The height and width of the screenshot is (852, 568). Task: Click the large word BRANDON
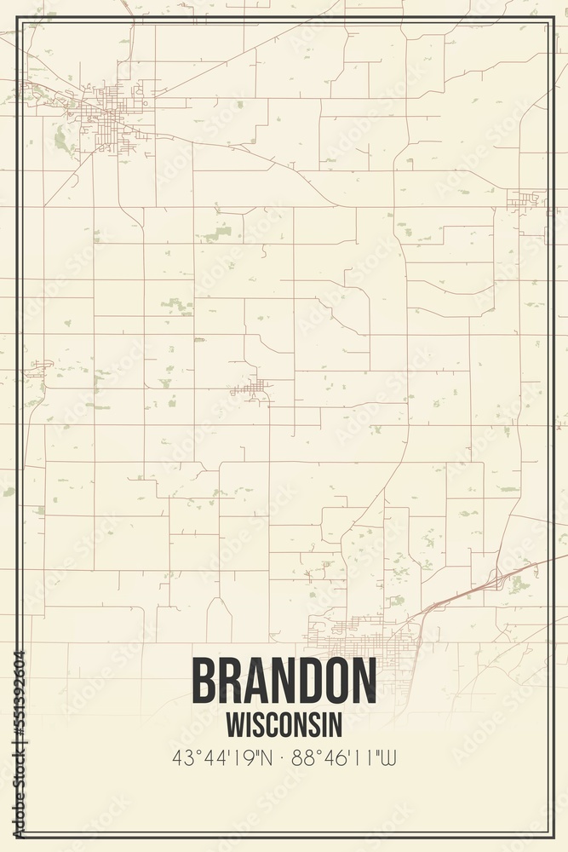coord(284,682)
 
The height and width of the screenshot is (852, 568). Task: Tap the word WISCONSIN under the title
coord(284,724)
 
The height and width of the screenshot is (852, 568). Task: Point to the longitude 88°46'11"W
coord(345,757)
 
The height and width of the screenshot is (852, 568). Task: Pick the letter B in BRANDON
coord(205,682)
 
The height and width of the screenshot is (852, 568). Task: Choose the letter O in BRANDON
coord(329,682)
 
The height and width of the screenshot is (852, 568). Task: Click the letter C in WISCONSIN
coord(270,724)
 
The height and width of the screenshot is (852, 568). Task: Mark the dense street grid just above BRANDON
coord(366,637)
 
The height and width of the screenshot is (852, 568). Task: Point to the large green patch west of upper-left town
coord(61,140)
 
